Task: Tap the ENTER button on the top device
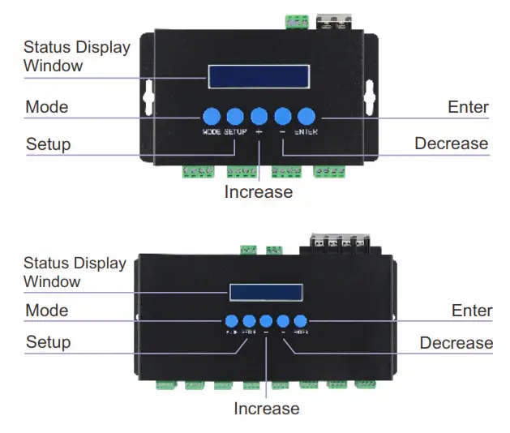(x=306, y=115)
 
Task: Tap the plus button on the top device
(x=259, y=115)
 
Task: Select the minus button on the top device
(x=282, y=115)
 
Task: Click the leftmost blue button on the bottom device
(x=231, y=320)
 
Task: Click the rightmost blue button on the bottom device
(x=301, y=320)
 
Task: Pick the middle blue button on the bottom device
(x=266, y=320)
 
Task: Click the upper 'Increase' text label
(x=258, y=192)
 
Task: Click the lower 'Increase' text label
(x=266, y=409)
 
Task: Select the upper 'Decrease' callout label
(x=451, y=144)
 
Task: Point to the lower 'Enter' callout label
(x=471, y=311)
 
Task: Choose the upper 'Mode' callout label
(x=47, y=107)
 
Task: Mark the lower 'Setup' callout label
(x=48, y=342)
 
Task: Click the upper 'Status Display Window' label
(x=76, y=57)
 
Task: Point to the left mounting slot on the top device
(x=148, y=96)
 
